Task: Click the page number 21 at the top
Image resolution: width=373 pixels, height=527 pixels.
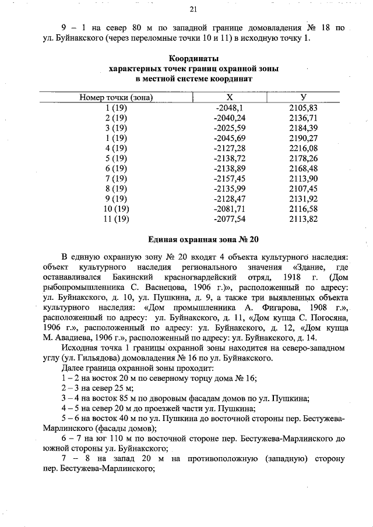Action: click(193, 8)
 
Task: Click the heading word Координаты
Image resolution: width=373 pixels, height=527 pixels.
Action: click(193, 59)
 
